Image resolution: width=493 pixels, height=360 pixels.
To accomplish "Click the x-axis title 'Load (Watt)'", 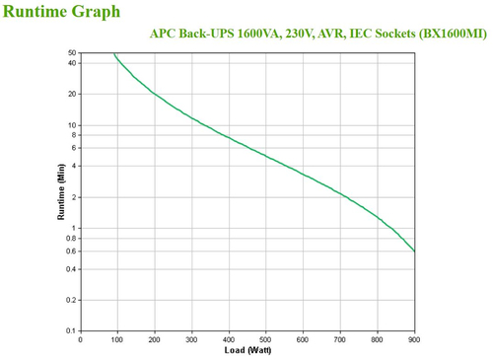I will [247, 349].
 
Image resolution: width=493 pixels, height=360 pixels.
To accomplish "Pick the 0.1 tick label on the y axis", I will [71, 330].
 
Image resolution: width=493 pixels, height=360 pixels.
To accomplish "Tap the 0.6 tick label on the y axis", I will [71, 251].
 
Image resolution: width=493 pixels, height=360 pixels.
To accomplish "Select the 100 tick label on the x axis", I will [117, 339].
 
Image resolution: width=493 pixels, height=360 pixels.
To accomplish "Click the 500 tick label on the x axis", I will [266, 339].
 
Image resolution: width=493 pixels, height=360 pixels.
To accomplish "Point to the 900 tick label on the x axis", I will [413, 339].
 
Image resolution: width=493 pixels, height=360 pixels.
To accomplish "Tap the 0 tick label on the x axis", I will [81, 339].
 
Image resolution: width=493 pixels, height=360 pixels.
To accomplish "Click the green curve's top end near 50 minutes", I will [114, 54].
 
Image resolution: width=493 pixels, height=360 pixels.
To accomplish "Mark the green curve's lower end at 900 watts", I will [414, 251].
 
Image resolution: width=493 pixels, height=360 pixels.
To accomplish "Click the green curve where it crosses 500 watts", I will [266, 156].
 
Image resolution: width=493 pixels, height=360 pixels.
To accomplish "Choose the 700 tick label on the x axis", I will [340, 339].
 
